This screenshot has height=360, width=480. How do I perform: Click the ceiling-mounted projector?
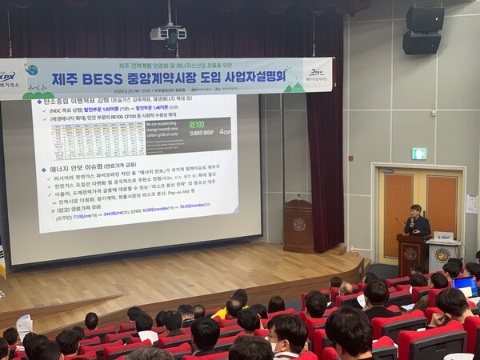click(x=168, y=34)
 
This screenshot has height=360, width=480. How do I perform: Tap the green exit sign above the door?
click(x=418, y=153)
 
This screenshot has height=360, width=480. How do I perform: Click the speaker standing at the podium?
click(x=416, y=222)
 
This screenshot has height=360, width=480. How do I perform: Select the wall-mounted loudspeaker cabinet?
click(x=422, y=30)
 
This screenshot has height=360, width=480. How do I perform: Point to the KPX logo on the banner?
click(x=6, y=78)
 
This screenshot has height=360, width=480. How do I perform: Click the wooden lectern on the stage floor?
click(x=298, y=226)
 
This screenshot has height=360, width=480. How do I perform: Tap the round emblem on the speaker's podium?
click(x=410, y=254)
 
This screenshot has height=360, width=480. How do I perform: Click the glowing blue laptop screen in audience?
click(x=466, y=286)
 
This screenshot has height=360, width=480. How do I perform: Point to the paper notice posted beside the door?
click(x=472, y=205)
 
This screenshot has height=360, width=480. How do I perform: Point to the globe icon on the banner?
click(x=31, y=70)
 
